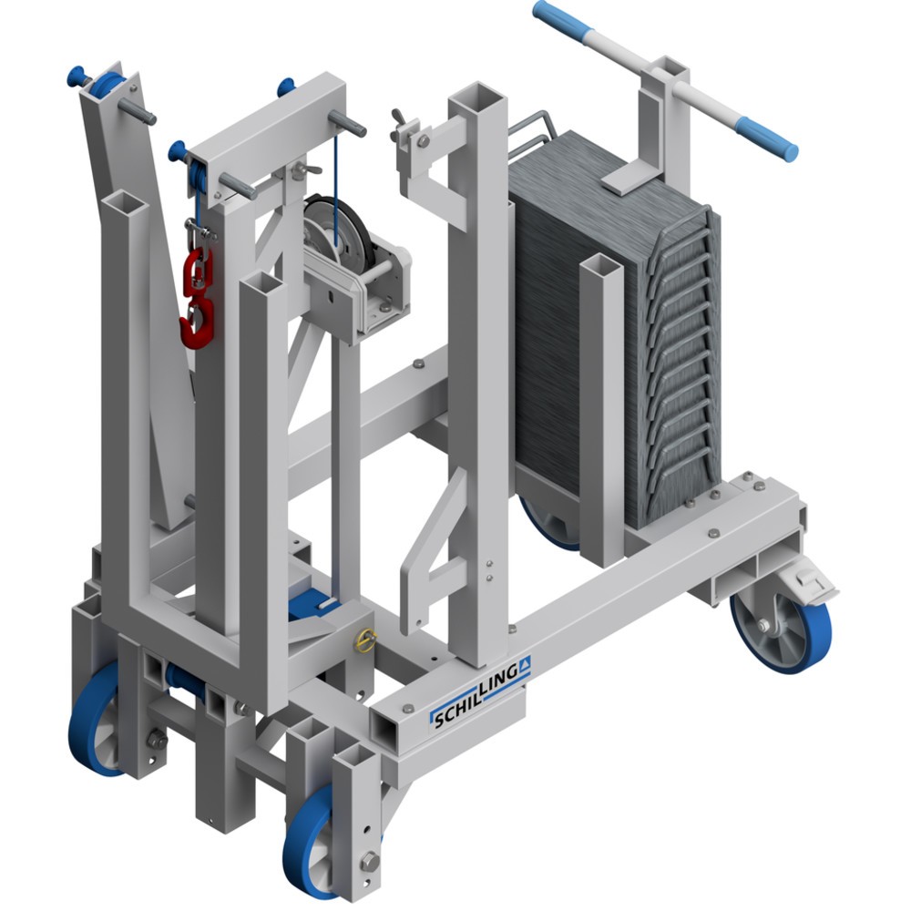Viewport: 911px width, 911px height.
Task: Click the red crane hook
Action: (199, 322)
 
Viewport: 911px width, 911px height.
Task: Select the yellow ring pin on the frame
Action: (366, 640)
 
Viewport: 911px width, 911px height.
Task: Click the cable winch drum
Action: (336, 232)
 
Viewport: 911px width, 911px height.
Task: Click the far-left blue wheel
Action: (93, 721)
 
